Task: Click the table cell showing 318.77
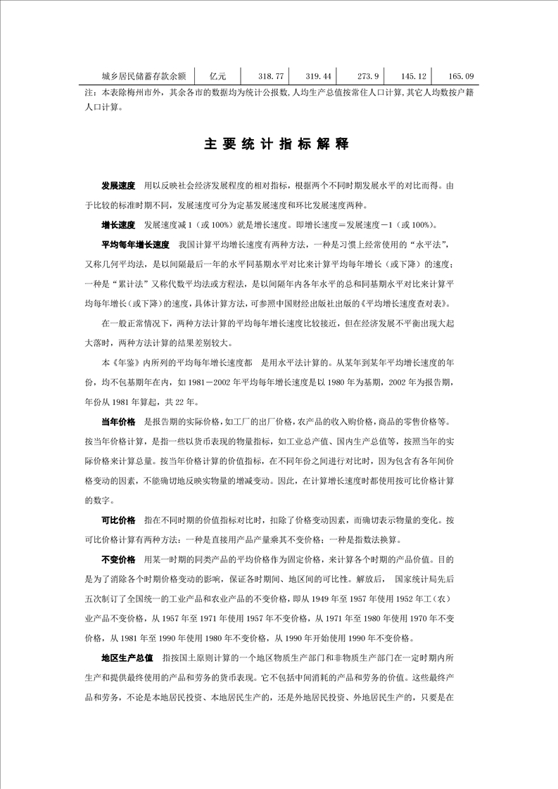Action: click(x=271, y=76)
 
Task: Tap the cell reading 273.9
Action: click(x=368, y=76)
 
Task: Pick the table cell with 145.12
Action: click(x=413, y=76)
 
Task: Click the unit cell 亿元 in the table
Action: click(x=217, y=76)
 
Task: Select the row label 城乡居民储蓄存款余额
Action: click(x=143, y=76)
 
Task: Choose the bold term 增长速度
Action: click(x=118, y=226)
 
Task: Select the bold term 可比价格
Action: click(x=118, y=520)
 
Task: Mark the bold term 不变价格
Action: click(x=118, y=560)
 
